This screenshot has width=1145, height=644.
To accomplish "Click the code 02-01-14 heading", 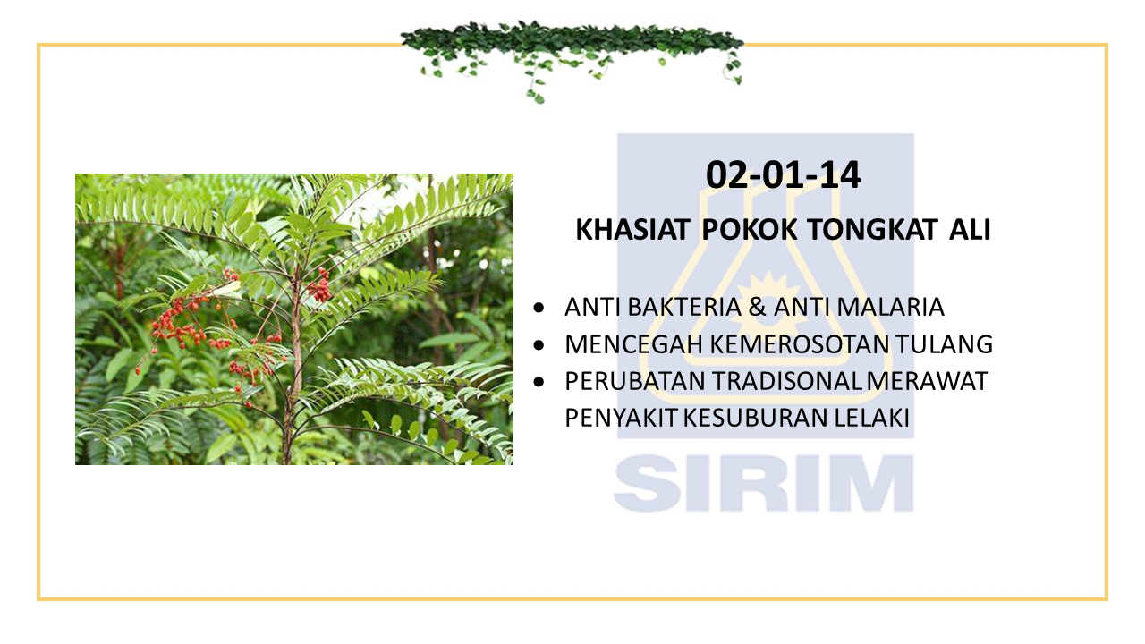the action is point(783,175).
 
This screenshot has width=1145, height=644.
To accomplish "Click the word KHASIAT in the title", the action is point(632,230).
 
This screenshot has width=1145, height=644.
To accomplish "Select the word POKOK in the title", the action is point(749,230).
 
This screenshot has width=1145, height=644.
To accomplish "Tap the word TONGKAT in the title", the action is point(872,230).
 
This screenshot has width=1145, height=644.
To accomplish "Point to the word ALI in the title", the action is point(971,230).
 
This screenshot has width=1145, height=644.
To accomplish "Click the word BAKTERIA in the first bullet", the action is point(684,307).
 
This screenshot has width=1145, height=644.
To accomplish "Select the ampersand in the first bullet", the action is point(757,307).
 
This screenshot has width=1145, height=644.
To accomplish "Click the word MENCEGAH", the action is point(634,344).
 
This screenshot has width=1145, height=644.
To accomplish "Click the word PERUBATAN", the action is point(635,381).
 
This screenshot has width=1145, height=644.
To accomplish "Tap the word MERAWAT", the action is point(928,381).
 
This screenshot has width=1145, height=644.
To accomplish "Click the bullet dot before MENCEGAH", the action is point(539,345).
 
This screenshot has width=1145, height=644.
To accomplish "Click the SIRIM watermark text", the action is point(764,483).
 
